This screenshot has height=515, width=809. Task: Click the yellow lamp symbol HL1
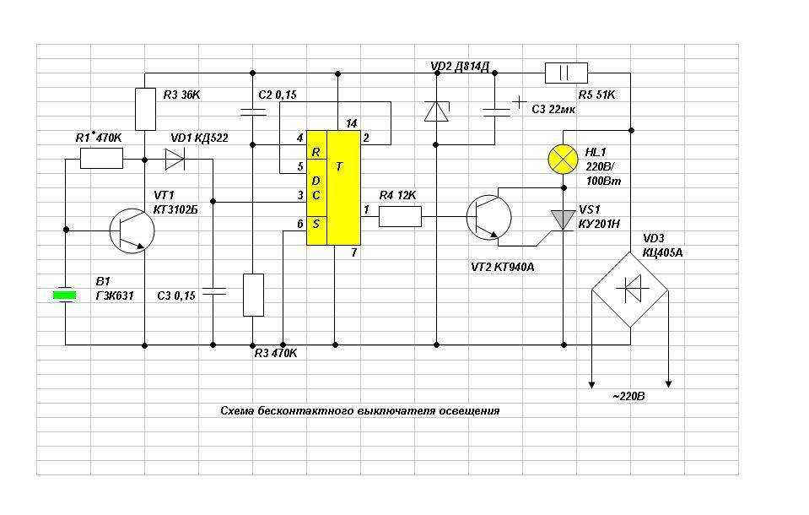[563, 159]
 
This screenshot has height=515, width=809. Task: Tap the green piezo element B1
[65, 295]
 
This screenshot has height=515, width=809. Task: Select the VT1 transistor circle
[132, 230]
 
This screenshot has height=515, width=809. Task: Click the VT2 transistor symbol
[488, 218]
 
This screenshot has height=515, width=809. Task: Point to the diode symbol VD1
[175, 159]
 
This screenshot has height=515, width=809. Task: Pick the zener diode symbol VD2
[436, 111]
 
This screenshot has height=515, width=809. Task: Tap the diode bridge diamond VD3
[630, 290]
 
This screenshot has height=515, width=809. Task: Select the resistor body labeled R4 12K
[400, 216]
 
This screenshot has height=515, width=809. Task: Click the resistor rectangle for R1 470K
[101, 158]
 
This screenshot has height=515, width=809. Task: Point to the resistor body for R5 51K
[566, 73]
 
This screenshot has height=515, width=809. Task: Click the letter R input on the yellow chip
[316, 152]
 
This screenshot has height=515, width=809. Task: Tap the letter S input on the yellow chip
[316, 224]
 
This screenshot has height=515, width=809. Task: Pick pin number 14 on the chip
[352, 123]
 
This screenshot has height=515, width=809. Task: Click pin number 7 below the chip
[354, 252]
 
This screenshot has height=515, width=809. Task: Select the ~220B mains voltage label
[628, 397]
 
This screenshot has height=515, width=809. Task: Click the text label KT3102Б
[175, 209]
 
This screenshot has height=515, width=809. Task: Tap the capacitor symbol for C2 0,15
[253, 111]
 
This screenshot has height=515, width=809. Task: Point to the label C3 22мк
[553, 110]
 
